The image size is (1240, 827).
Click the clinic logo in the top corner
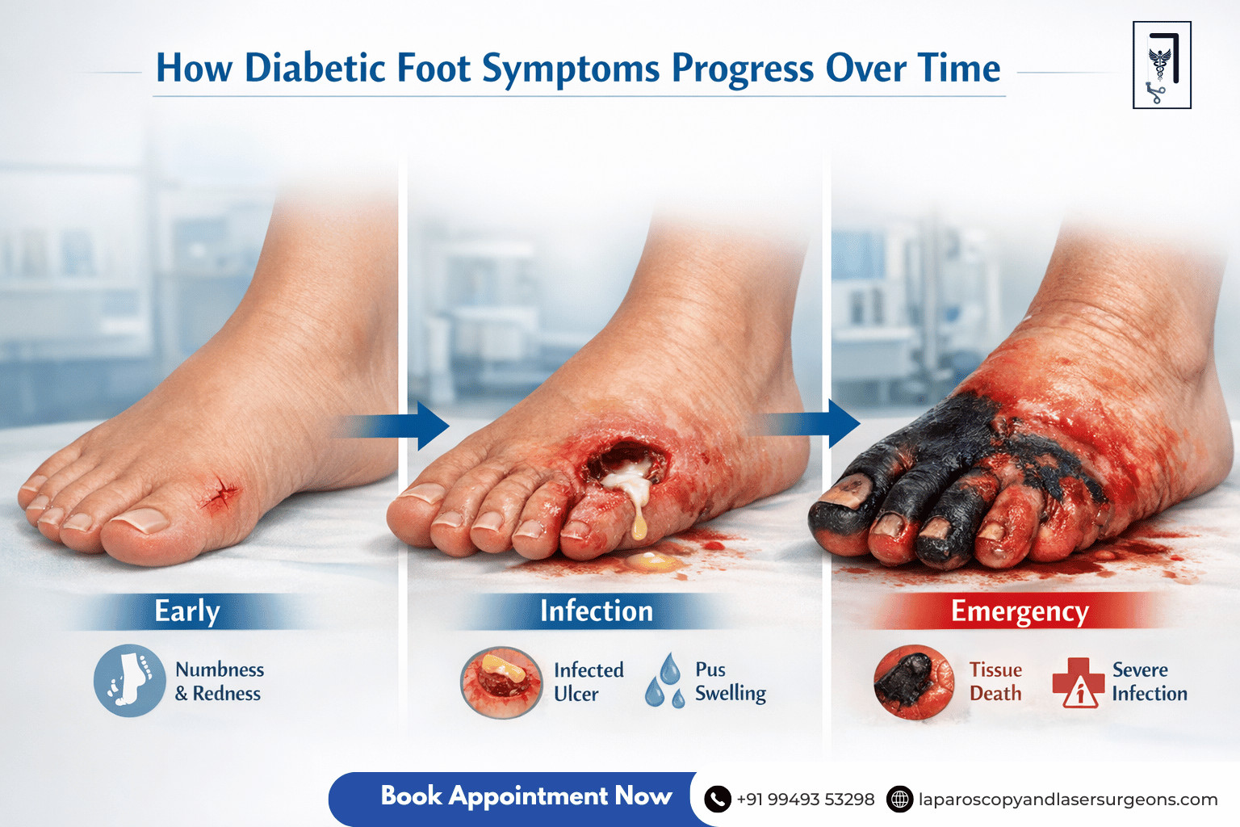pos(1162,65)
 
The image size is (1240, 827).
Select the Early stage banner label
pos(187,611)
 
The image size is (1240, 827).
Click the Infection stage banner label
pos(596,611)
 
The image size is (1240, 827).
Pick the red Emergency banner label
pos(1020,611)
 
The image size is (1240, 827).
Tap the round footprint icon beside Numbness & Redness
pos(129,681)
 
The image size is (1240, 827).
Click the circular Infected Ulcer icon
pos(501,682)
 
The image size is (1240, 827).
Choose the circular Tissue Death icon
pos(914,682)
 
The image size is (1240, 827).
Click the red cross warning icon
pos(1079,682)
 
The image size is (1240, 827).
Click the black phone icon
pos(718,800)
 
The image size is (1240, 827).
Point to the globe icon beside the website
pos(899,800)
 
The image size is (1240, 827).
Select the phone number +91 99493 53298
pos(806,800)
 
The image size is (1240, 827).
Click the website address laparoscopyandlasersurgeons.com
pos(1068,800)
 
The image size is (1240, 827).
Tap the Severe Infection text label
pos(1149,682)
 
